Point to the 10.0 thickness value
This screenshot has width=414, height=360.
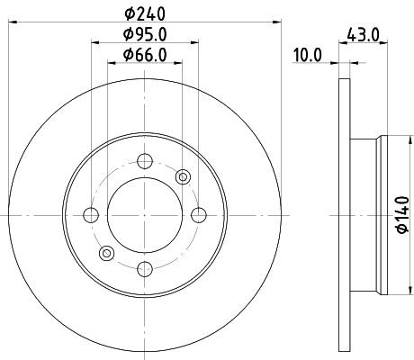coord(307,55)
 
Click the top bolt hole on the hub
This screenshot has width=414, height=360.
coord(144,162)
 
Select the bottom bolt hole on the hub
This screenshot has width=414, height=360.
coord(144,266)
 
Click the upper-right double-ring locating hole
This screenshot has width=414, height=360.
coord(183,176)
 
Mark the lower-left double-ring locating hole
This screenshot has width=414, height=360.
coord(106,253)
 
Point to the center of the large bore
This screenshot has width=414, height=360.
coord(144,214)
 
